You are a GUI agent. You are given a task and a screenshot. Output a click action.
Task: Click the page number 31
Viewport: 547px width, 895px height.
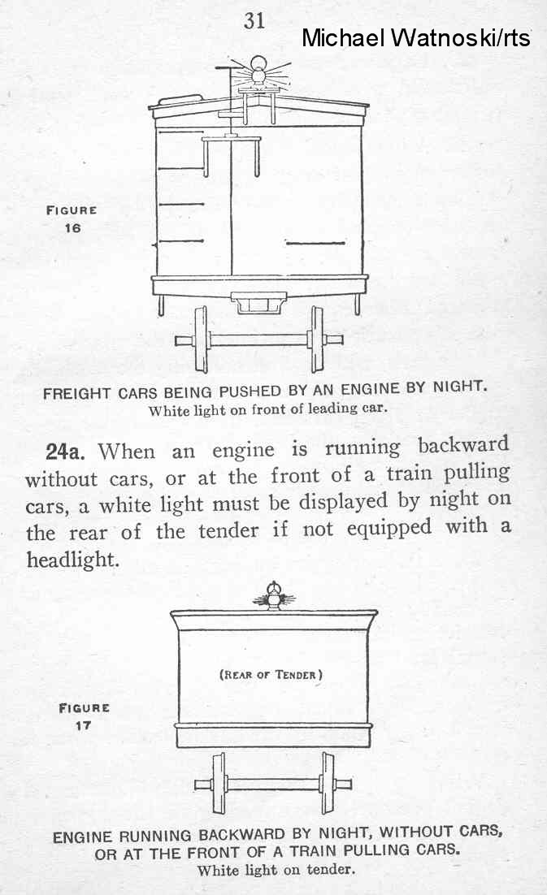point(254,20)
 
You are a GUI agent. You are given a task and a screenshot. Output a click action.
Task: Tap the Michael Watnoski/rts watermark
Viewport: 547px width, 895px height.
point(415,37)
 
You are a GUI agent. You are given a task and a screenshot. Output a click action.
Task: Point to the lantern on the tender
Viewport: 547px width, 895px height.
point(273,596)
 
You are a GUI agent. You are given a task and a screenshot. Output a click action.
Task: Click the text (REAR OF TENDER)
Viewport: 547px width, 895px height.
point(271,674)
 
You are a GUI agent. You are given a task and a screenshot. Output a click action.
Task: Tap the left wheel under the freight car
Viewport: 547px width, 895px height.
point(202,339)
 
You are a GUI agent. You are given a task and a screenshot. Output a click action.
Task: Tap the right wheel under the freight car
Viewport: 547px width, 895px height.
point(315,339)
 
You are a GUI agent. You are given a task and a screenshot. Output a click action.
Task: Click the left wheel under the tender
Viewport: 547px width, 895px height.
point(219,783)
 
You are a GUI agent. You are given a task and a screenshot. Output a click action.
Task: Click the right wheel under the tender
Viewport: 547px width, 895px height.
point(327,783)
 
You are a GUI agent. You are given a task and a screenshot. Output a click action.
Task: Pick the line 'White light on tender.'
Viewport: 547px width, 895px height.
point(276,870)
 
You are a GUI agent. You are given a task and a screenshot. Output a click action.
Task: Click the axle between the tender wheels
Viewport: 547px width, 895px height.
point(272,785)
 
